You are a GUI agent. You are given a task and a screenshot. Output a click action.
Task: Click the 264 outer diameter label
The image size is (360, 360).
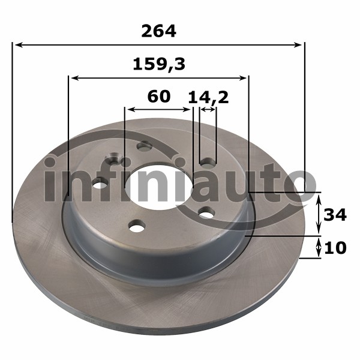pos(158,31)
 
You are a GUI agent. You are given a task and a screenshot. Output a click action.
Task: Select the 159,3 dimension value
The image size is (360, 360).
pos(159,65)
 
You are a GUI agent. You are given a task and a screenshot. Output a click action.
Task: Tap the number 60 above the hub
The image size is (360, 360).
pos(159,97)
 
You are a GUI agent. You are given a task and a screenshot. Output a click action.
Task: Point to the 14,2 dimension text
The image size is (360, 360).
pos(208,98)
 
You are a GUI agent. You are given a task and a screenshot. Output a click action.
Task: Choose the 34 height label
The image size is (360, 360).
pos(335,215)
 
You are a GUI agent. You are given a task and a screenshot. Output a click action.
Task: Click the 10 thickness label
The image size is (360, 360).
pos(335,248)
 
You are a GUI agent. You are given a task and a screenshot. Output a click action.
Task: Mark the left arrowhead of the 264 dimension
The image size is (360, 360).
pos(19,45)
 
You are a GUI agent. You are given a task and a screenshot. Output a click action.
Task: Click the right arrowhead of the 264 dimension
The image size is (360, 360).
pos(297,45)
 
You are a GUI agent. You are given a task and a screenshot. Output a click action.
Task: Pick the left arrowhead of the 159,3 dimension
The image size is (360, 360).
pos(76,78)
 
